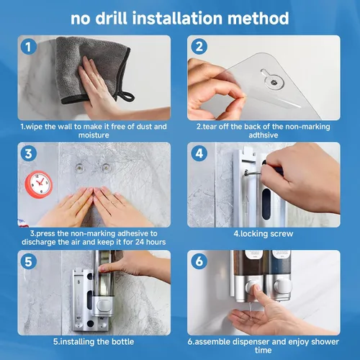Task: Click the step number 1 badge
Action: click(x=29, y=47)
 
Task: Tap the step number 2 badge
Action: click(x=199, y=47)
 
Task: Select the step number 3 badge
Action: click(x=29, y=153)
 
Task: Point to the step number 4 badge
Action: click(x=199, y=153)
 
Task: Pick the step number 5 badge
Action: click(x=29, y=261)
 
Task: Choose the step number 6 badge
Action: click(x=199, y=261)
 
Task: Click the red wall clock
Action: click(x=39, y=184)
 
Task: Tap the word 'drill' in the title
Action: click(x=112, y=19)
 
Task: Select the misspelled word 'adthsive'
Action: click(x=264, y=135)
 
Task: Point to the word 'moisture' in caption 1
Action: click(x=94, y=135)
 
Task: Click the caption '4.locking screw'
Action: click(x=264, y=234)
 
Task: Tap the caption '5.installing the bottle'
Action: click(x=94, y=341)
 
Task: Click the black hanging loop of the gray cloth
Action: click(x=125, y=94)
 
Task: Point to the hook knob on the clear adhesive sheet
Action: click(x=273, y=82)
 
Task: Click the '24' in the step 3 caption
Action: click(x=140, y=242)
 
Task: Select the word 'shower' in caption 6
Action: click(x=325, y=341)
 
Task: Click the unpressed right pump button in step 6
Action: click(x=282, y=286)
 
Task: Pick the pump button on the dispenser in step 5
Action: click(x=104, y=305)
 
